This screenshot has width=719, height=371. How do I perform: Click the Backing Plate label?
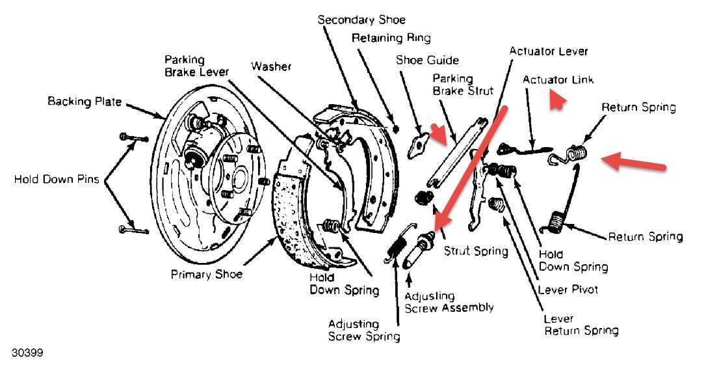coord(85,102)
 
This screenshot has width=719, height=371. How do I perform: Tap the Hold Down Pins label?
coord(57,179)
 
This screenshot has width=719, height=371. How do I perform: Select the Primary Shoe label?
coord(206,274)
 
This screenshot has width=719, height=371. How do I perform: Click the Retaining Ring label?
coord(391,38)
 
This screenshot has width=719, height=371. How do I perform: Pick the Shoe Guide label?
coord(427,61)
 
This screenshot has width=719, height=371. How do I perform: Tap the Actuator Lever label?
coord(549,51)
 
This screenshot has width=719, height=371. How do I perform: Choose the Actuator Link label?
coord(558,79)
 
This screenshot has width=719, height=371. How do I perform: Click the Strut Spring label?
coord(475,251)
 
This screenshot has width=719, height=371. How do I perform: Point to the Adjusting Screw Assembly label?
coord(449,302)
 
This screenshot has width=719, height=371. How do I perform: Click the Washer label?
coord(271,66)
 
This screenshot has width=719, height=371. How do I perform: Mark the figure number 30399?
coord(27,353)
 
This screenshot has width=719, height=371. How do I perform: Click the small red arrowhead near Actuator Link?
coord(556,102)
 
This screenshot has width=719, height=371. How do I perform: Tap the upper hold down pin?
coord(133,138)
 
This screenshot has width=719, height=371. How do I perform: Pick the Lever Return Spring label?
coord(581,325)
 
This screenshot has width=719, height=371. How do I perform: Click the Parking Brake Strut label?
coord(463,85)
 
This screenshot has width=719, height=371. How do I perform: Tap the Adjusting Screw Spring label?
coord(363,330)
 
